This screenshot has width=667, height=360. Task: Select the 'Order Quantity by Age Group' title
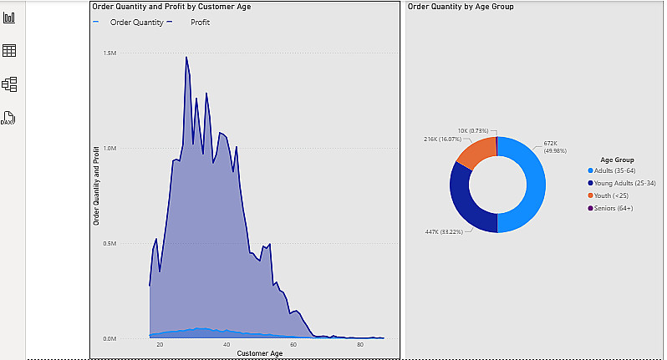click(x=460, y=7)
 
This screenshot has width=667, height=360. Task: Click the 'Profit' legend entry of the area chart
click(x=200, y=23)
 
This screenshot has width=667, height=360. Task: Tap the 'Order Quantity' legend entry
click(x=136, y=23)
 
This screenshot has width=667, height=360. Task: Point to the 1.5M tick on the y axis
click(x=109, y=53)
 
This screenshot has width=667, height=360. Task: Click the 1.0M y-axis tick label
click(x=109, y=149)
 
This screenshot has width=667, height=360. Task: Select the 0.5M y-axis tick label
click(x=109, y=244)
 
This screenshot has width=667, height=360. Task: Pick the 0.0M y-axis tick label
click(x=109, y=339)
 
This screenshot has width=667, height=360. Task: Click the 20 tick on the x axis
click(x=159, y=345)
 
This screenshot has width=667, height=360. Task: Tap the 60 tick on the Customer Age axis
click(x=293, y=345)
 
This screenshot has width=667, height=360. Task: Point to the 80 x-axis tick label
click(x=360, y=345)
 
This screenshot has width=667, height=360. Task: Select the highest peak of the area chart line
click(x=186, y=58)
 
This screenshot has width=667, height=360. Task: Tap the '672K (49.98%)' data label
click(x=556, y=147)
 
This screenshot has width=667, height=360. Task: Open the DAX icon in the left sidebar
click(x=8, y=118)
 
